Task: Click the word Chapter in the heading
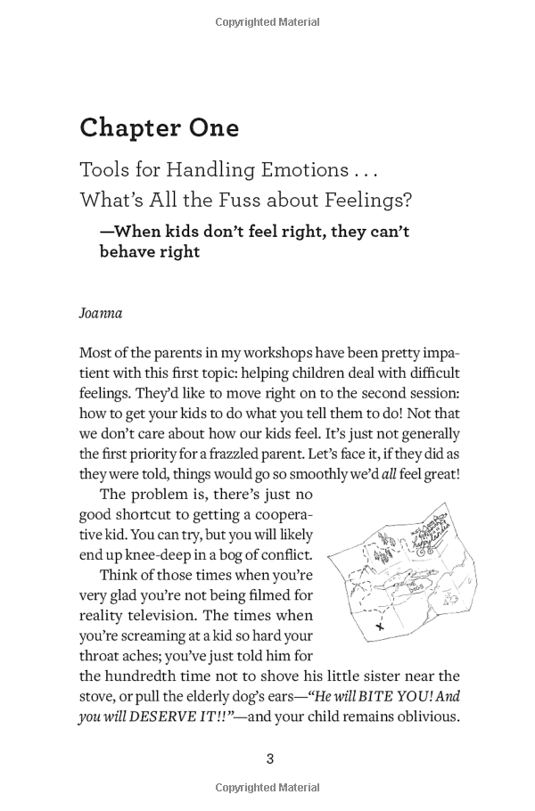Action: pos(129,128)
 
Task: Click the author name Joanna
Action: pos(100,314)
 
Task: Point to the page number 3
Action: pos(269,758)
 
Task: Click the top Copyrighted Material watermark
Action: pos(267,21)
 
